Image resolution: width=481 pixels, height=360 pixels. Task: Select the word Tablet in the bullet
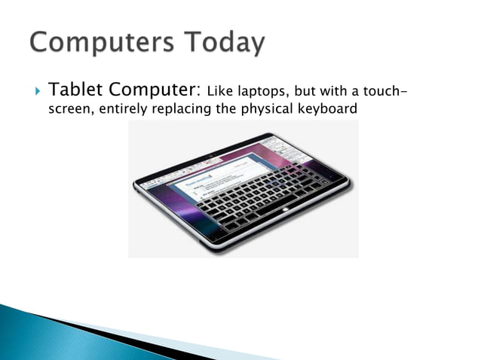[x=73, y=90]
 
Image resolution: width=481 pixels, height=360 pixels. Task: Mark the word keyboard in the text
[x=326, y=109]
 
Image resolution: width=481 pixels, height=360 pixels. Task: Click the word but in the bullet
[x=305, y=92]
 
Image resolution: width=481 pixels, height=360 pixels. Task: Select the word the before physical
[x=230, y=109]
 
